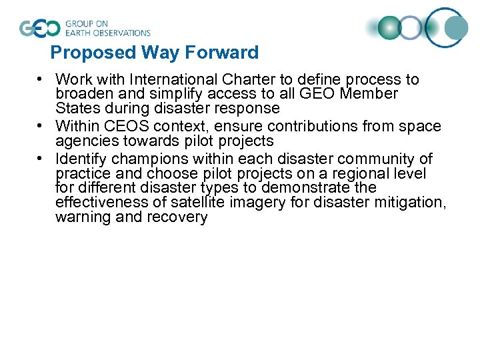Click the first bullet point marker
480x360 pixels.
[41, 79]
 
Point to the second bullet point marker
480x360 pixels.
[41, 126]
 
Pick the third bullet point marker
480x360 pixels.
[41, 159]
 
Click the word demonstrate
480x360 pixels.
[306, 188]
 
